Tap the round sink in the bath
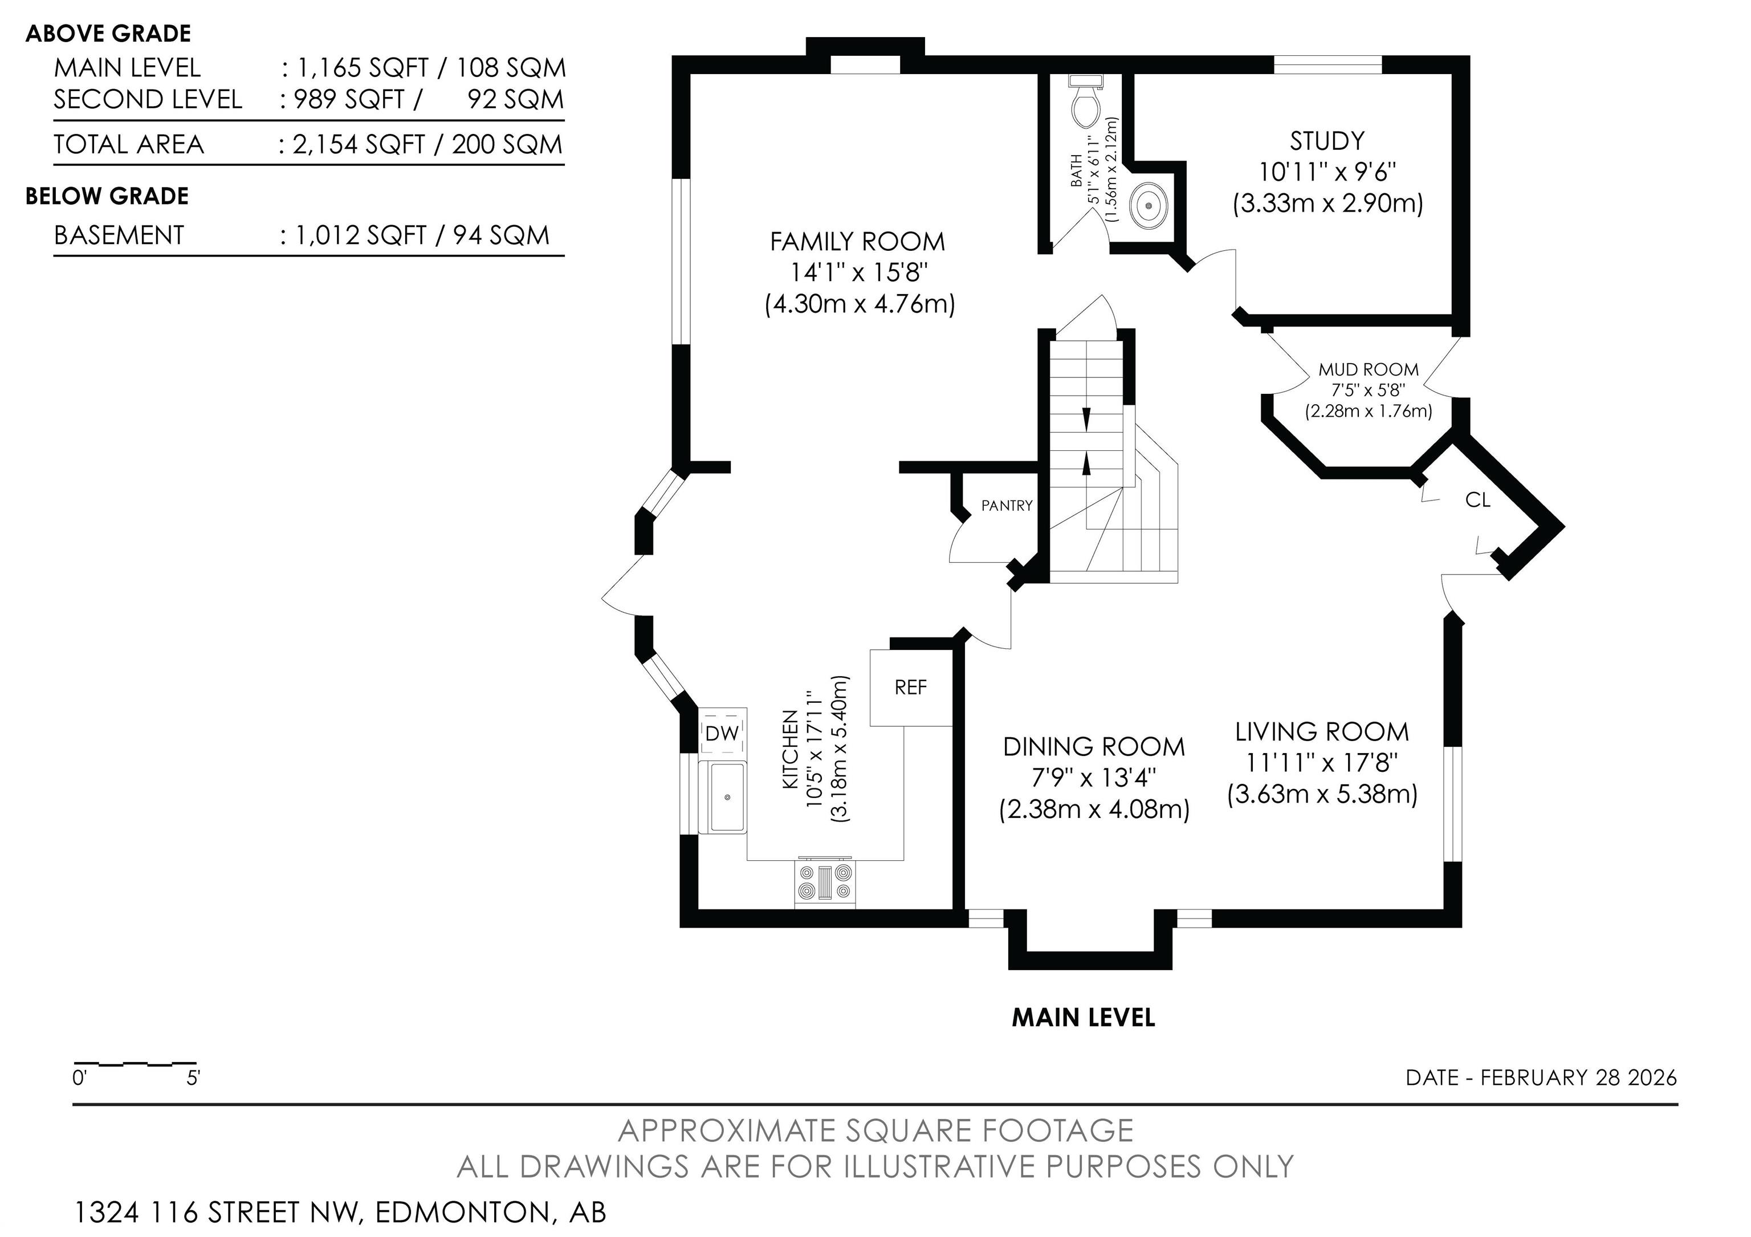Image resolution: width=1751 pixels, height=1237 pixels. click(1148, 205)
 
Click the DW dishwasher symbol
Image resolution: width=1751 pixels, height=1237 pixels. click(722, 733)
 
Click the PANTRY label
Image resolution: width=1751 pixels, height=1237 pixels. click(1007, 506)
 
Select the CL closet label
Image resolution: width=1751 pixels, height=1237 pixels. click(1478, 501)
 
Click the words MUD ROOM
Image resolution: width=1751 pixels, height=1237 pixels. click(1369, 370)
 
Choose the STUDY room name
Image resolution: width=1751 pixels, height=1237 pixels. click(1327, 141)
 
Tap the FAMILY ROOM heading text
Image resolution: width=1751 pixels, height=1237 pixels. click(857, 242)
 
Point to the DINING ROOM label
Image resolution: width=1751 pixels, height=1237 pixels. click(1094, 747)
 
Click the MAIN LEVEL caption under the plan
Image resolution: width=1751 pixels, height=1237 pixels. click(1083, 1018)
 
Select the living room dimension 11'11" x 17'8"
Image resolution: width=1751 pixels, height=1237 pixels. click(1322, 763)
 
